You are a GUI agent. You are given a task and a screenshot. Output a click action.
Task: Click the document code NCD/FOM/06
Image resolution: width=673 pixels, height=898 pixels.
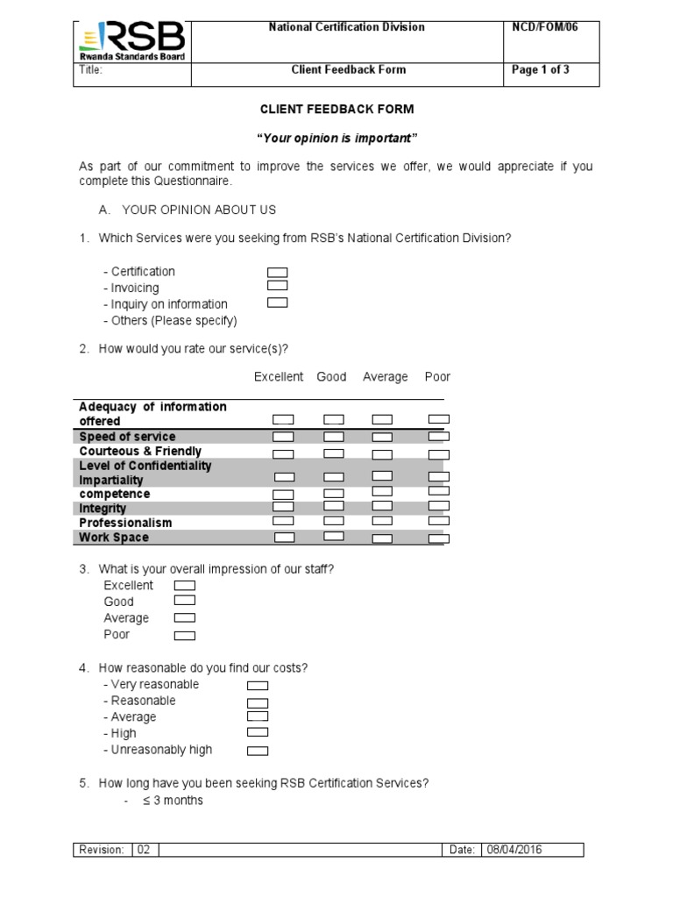pyautogui.click(x=544, y=27)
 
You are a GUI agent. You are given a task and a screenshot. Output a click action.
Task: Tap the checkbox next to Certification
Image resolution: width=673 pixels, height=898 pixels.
pyautogui.click(x=278, y=272)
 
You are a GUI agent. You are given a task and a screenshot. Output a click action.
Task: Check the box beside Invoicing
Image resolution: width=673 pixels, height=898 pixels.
pyautogui.click(x=278, y=286)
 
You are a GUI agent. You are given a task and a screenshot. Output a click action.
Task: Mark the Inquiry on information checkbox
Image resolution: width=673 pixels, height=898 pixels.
pyautogui.click(x=278, y=303)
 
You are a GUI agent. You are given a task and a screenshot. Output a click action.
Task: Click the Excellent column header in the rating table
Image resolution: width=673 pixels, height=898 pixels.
pyautogui.click(x=279, y=377)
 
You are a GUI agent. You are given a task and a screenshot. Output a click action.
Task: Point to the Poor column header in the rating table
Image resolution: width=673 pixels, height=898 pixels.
pyautogui.click(x=437, y=377)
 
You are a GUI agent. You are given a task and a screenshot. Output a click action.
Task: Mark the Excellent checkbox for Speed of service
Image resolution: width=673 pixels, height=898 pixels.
pyautogui.click(x=283, y=437)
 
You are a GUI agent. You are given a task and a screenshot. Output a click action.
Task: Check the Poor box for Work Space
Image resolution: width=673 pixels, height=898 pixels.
pyautogui.click(x=438, y=538)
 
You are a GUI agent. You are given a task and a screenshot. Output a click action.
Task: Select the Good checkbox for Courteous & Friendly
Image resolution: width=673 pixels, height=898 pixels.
pyautogui.click(x=333, y=453)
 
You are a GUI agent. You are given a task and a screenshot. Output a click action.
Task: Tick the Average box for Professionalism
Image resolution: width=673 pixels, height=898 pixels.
pyautogui.click(x=382, y=522)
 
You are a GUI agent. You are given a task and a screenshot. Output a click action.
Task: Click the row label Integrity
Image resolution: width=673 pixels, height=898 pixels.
pyautogui.click(x=103, y=509)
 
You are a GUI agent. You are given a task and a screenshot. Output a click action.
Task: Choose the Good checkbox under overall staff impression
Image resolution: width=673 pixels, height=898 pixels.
pyautogui.click(x=185, y=602)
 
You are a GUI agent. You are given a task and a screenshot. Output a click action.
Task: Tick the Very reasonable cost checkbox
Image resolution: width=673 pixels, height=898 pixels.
pyautogui.click(x=258, y=686)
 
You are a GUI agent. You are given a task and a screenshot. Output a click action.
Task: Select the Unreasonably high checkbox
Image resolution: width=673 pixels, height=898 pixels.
pyautogui.click(x=258, y=751)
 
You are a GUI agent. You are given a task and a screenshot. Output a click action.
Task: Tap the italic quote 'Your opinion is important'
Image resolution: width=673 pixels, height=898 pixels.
pyautogui.click(x=336, y=139)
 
